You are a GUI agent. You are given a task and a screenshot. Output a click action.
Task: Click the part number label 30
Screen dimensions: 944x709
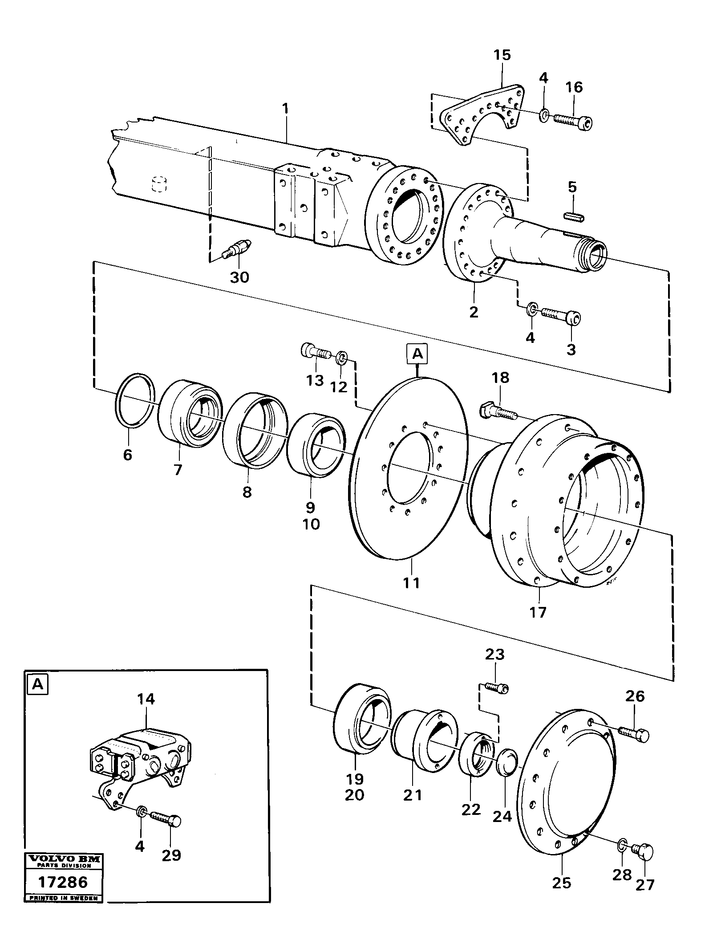point(239,277)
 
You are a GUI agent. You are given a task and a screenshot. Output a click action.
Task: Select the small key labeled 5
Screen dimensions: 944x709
point(574,216)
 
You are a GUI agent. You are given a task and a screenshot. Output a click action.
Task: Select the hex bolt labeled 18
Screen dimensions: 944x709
point(498,411)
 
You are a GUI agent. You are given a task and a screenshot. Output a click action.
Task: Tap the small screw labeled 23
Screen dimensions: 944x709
point(494,700)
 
